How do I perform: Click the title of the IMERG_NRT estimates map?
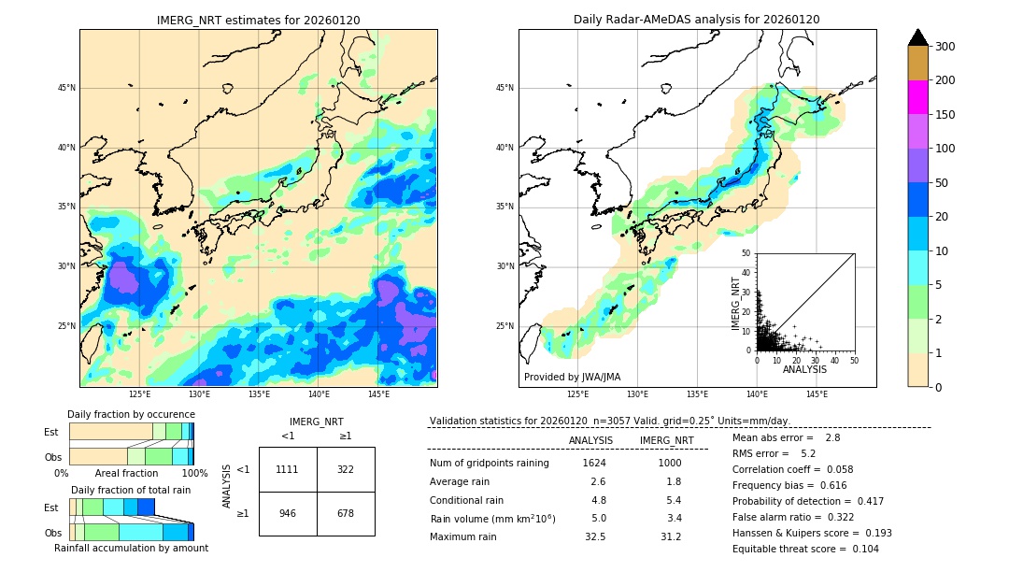258,20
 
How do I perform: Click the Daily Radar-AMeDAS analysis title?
696,20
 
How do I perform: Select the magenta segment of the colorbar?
918,97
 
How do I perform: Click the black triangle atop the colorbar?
918,37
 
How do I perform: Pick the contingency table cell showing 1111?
288,469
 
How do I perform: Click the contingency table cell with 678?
346,513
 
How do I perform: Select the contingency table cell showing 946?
288,513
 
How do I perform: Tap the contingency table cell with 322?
346,469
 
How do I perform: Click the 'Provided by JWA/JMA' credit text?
572,378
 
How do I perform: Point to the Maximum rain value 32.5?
594,536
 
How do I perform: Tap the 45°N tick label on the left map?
65,88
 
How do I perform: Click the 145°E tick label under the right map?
817,394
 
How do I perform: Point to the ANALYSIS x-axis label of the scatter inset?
805,370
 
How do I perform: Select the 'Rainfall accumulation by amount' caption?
131,548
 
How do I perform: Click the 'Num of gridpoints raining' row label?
490,464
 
